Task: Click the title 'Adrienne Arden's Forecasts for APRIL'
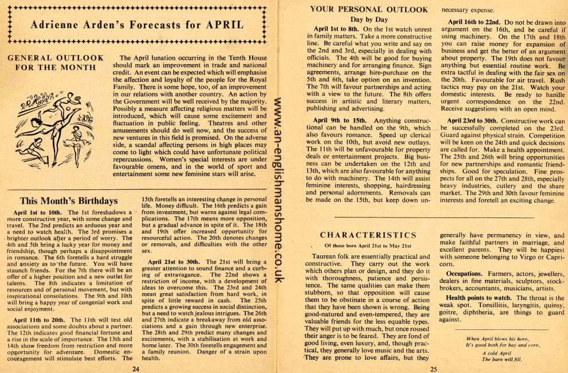click(x=138, y=25)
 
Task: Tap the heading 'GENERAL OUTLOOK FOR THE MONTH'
click(x=56, y=63)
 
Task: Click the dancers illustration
click(x=50, y=125)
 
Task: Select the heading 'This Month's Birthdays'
click(x=69, y=201)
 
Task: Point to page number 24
click(x=136, y=368)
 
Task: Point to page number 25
click(x=433, y=368)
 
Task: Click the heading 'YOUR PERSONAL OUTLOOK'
click(x=369, y=9)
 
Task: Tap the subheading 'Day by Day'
click(x=369, y=19)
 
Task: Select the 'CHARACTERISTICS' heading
click(x=368, y=235)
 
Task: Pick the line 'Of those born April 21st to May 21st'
click(x=369, y=246)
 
